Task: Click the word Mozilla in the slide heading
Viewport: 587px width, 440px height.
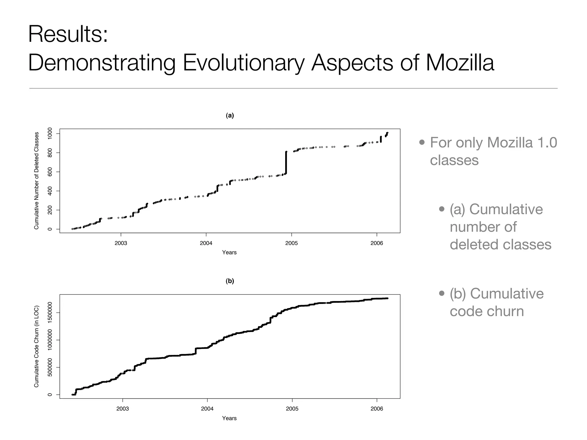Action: coord(460,63)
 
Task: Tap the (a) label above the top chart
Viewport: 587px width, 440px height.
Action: coord(230,115)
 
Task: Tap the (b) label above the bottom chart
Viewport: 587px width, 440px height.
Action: coord(230,281)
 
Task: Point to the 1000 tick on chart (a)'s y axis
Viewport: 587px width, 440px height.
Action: coord(50,133)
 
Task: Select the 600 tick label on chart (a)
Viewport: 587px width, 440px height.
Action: coord(50,172)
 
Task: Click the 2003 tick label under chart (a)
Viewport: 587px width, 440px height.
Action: coord(121,243)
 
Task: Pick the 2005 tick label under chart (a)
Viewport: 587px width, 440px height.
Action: coord(291,243)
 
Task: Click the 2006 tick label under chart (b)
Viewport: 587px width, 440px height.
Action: coord(377,409)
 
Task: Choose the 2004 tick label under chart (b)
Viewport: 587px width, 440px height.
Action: coord(207,409)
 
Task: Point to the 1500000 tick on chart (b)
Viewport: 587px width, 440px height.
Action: coord(50,313)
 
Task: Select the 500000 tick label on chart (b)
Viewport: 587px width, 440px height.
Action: coord(50,367)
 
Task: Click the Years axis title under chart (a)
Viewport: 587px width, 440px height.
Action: coord(229,252)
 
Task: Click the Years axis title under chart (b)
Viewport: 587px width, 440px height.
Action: coord(229,418)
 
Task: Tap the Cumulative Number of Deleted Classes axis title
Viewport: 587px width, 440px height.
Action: coord(36,180)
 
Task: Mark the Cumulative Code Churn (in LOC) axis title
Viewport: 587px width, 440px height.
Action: coord(36,347)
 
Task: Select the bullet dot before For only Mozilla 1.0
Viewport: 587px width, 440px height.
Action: coord(422,142)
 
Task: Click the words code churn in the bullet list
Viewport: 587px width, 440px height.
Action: coord(486,311)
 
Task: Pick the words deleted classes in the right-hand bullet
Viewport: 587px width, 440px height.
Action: coord(500,244)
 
